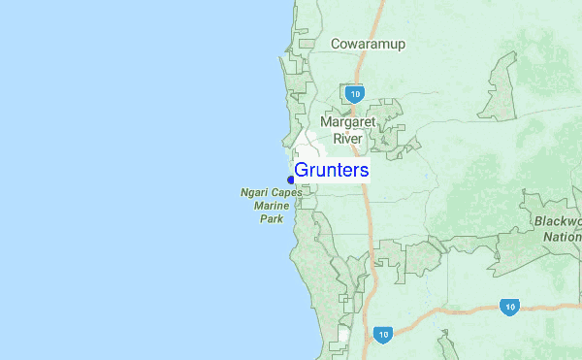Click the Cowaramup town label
pyautogui.click(x=368, y=44)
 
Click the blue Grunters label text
pyautogui.click(x=331, y=171)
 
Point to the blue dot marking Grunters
pyautogui.click(x=291, y=180)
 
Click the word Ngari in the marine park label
pyautogui.click(x=255, y=193)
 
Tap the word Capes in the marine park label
pyautogui.click(x=286, y=193)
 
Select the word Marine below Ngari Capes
pyautogui.click(x=272, y=206)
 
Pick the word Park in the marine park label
pyautogui.click(x=272, y=219)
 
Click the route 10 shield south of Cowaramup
pyautogui.click(x=354, y=93)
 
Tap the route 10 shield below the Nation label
pyautogui.click(x=510, y=306)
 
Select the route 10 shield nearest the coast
pyautogui.click(x=383, y=334)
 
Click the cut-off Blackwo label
pyautogui.click(x=558, y=221)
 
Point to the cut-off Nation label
pyautogui.click(x=562, y=236)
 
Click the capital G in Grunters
pyautogui.click(x=301, y=171)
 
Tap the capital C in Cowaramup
pyautogui.click(x=336, y=44)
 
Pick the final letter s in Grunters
pyautogui.click(x=364, y=171)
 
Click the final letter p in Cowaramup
pyautogui.click(x=401, y=45)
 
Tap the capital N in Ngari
pyautogui.click(x=244, y=193)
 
